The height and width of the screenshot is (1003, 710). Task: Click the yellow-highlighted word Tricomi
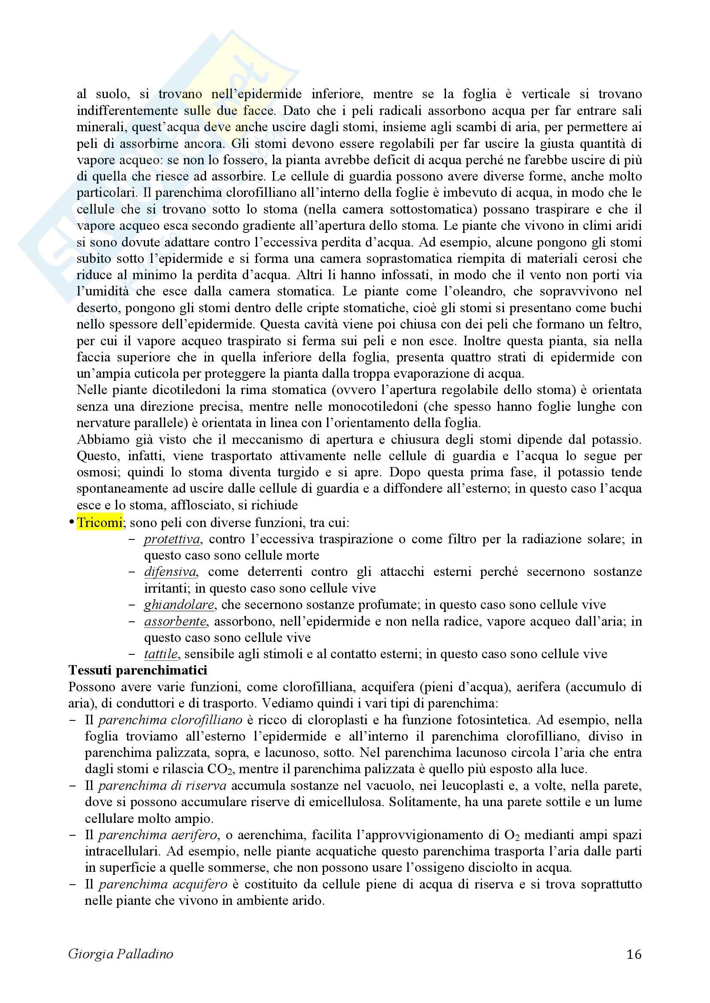99,522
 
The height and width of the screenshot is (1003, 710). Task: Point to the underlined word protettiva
172,539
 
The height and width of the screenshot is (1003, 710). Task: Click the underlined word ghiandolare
179,605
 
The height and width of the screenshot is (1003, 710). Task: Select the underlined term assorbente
175,621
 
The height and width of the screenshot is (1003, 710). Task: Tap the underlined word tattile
161,654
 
